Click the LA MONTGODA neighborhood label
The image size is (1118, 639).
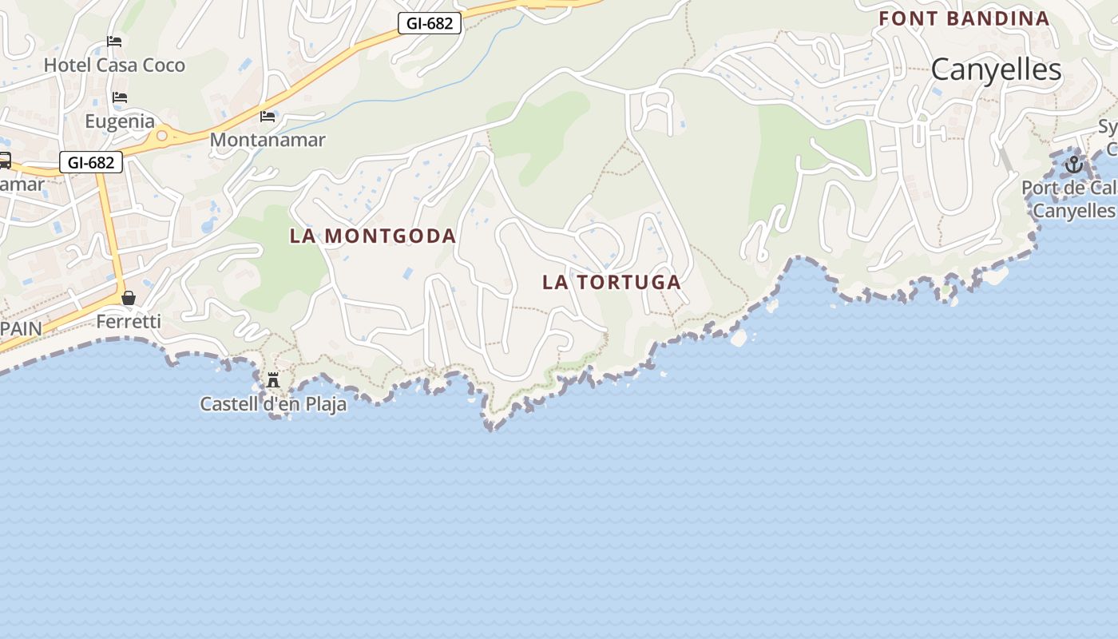click(373, 236)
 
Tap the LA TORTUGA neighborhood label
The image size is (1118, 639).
click(612, 282)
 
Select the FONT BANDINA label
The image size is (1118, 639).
click(964, 18)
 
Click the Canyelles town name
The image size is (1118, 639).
click(996, 69)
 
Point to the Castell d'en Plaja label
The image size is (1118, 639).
click(273, 404)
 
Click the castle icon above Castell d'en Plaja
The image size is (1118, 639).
click(273, 379)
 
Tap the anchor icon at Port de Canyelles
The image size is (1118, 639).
click(1074, 165)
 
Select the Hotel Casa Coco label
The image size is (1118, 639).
click(114, 65)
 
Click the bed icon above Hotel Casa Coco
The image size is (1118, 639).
click(114, 41)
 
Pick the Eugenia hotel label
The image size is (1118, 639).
click(120, 121)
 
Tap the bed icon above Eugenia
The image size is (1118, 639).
click(120, 97)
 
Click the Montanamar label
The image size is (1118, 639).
click(268, 140)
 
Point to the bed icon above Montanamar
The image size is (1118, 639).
click(268, 117)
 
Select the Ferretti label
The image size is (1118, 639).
click(129, 322)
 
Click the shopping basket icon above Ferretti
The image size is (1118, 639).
click(128, 298)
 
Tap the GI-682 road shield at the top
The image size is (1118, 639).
click(430, 23)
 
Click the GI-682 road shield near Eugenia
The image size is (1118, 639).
click(91, 162)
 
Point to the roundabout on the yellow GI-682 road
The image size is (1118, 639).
click(162, 136)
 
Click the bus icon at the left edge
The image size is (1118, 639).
click(4, 161)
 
